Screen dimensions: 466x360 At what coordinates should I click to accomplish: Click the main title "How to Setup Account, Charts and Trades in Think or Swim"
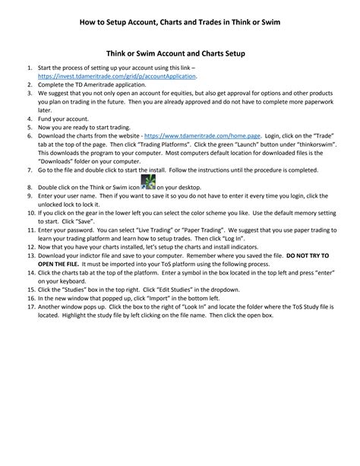(180, 23)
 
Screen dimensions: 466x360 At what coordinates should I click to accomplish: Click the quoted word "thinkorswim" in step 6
(312, 144)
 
